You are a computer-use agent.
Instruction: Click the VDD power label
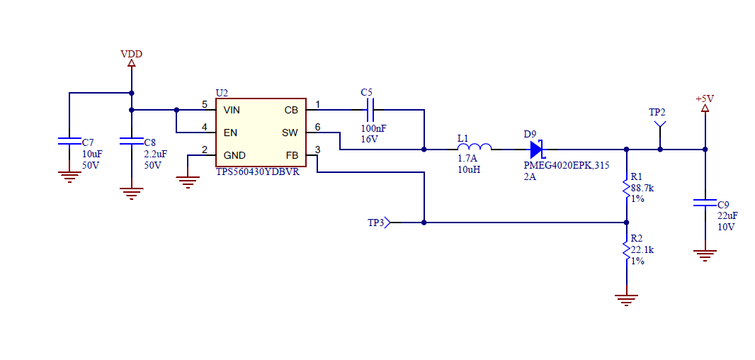(132, 53)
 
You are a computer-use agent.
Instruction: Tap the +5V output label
(705, 99)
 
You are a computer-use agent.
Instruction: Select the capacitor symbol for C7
(69, 141)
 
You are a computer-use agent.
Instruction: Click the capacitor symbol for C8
(132, 141)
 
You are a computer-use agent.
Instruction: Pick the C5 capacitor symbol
(369, 110)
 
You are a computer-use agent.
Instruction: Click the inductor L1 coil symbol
(475, 147)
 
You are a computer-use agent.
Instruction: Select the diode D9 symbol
(537, 150)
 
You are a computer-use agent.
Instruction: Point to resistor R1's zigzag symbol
(626, 189)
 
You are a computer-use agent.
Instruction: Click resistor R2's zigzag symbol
(626, 251)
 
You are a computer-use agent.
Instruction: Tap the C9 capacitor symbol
(705, 203)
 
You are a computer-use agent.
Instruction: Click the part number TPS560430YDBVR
(257, 171)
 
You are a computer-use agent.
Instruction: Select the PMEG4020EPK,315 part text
(567, 166)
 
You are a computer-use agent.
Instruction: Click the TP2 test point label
(657, 112)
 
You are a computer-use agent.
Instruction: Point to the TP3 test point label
(376, 223)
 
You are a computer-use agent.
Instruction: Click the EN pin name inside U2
(230, 133)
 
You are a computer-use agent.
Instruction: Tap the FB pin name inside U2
(292, 155)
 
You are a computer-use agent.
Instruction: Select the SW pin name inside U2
(290, 133)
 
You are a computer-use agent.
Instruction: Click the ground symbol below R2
(626, 300)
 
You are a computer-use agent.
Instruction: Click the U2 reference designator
(222, 92)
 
